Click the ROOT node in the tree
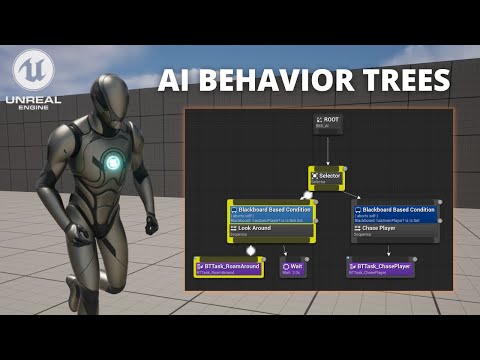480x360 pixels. click(327, 123)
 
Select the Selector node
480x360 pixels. click(326, 178)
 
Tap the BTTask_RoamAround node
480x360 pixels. click(228, 267)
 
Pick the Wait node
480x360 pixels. click(293, 267)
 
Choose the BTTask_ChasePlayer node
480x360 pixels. click(380, 267)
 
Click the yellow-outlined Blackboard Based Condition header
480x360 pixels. click(272, 210)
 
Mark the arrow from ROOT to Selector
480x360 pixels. click(327, 150)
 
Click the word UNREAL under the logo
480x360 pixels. click(33, 101)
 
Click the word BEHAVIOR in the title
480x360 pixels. click(296, 79)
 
